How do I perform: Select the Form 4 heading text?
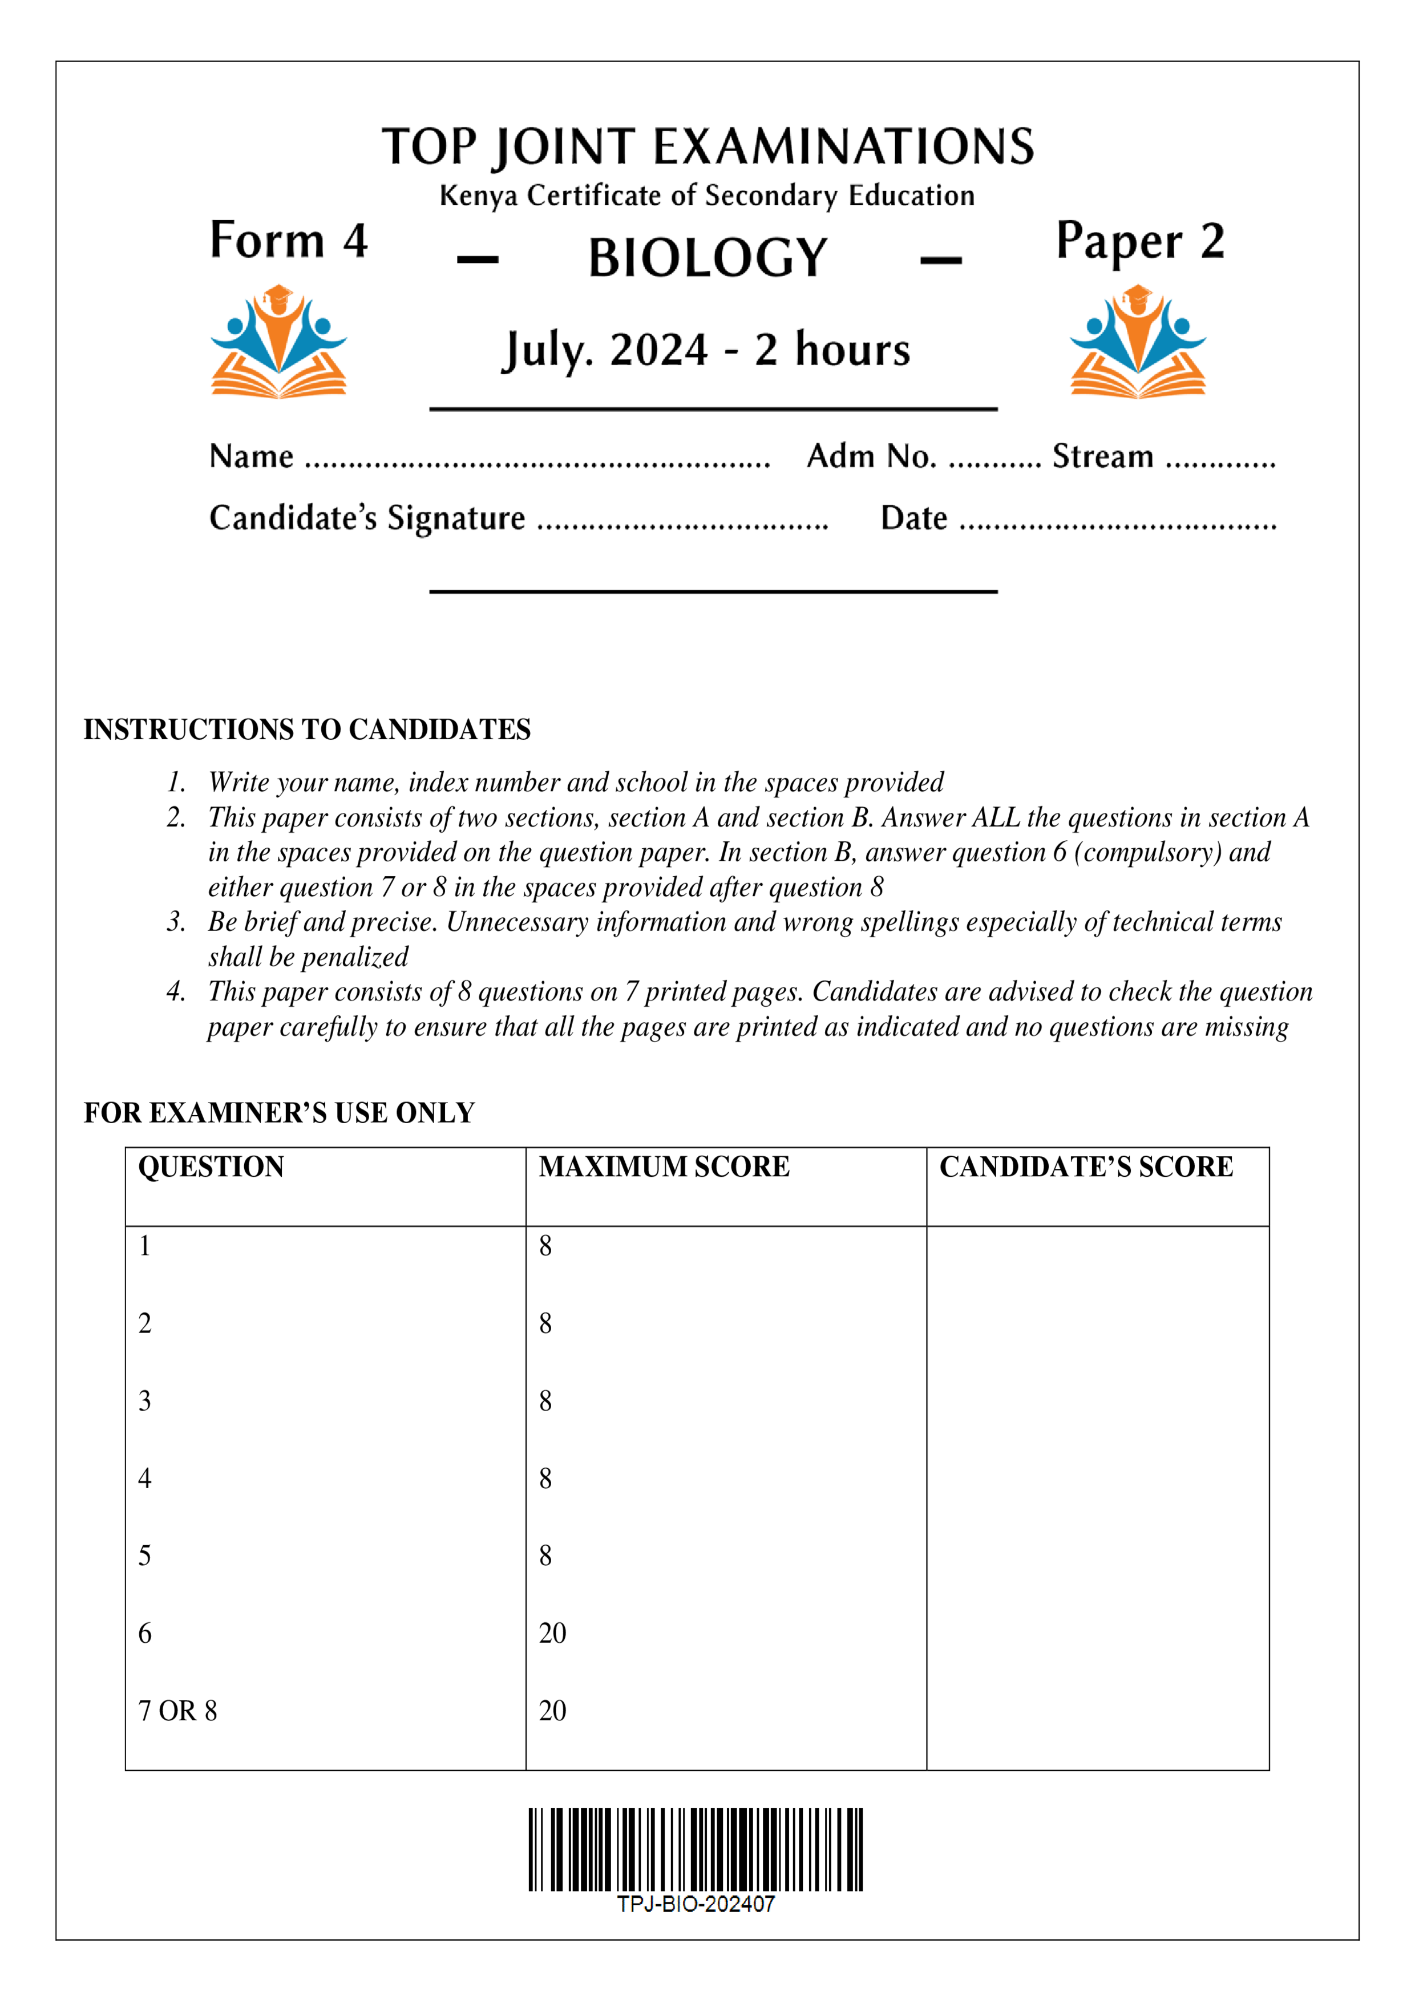289,241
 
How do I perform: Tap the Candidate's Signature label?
367,518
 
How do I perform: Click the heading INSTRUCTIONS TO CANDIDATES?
307,730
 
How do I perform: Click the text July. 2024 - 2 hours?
706,350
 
